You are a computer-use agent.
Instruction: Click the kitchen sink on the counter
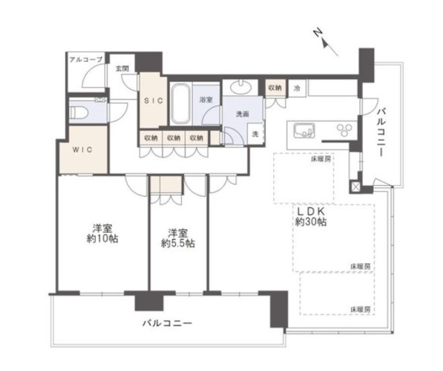click(x=304, y=130)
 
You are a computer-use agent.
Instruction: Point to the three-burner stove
click(x=345, y=130)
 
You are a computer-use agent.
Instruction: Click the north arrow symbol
click(x=325, y=42)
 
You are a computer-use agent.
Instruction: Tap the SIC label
click(x=154, y=100)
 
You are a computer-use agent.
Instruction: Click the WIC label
click(x=82, y=150)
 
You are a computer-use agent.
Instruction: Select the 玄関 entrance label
click(x=122, y=68)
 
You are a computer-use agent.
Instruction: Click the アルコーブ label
click(x=86, y=60)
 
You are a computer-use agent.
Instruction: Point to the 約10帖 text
click(x=102, y=239)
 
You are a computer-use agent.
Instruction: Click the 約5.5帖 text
click(x=178, y=243)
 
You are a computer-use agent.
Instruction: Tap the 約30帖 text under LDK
click(x=311, y=221)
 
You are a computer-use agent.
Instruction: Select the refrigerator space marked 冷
click(x=297, y=89)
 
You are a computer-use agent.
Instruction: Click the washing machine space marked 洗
click(x=256, y=134)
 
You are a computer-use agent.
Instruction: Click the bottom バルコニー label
click(x=167, y=323)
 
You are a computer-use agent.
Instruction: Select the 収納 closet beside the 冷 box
click(x=275, y=88)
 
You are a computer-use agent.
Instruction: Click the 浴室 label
click(x=206, y=100)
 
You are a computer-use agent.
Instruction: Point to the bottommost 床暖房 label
click(x=360, y=309)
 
